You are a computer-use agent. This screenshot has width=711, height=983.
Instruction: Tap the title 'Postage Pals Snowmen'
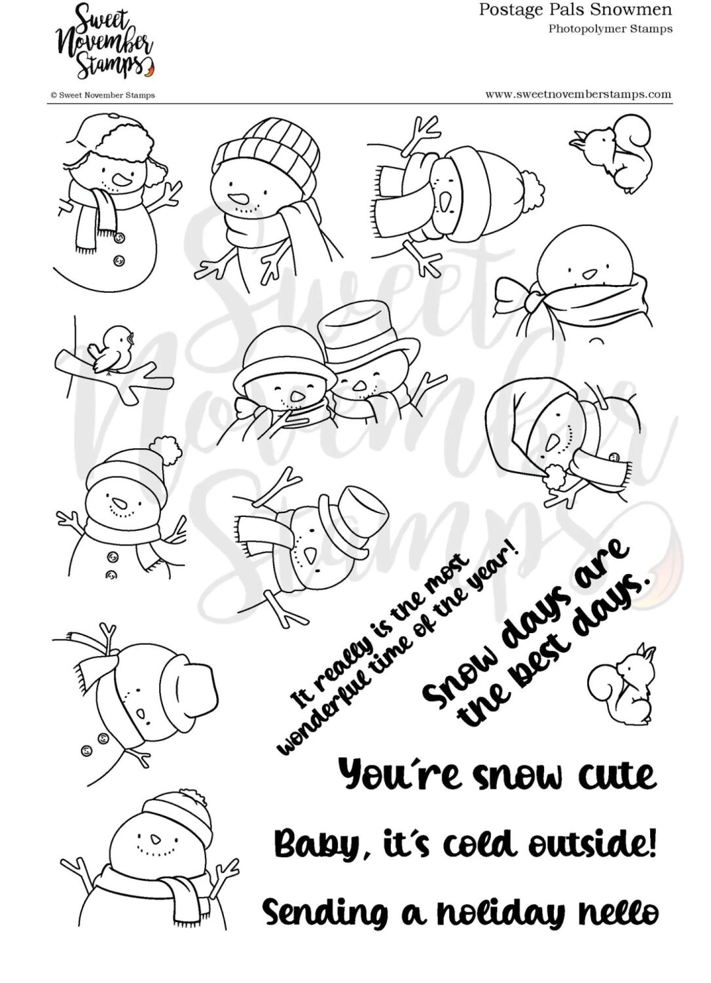click(x=575, y=10)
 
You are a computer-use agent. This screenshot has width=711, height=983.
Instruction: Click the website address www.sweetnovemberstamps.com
click(x=578, y=94)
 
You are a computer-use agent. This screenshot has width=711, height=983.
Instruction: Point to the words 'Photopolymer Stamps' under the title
click(x=610, y=28)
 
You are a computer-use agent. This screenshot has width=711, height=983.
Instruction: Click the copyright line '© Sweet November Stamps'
click(x=103, y=95)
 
